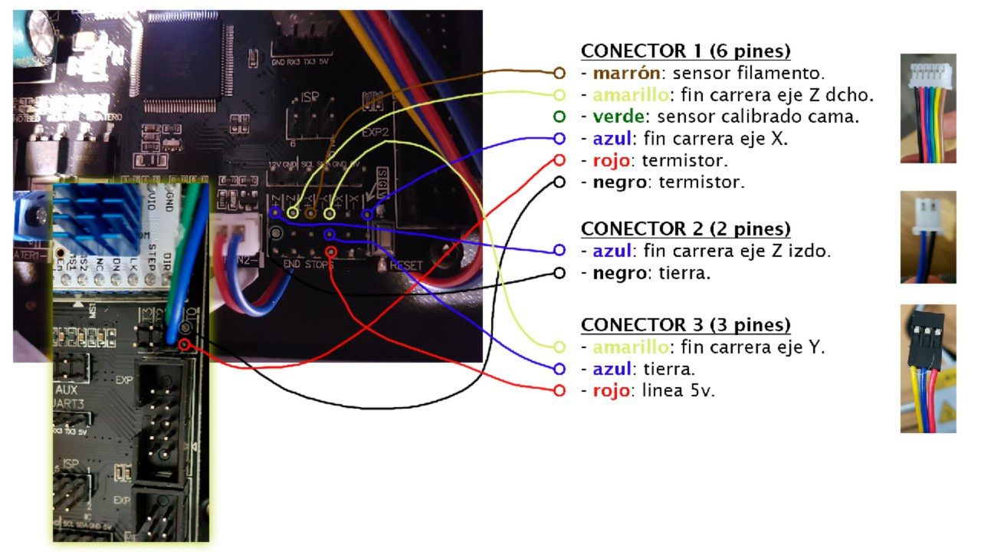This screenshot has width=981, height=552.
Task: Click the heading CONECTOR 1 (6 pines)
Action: (x=685, y=51)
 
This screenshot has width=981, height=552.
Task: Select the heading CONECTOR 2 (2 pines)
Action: (x=685, y=228)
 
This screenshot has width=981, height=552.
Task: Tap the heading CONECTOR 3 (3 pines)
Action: (x=685, y=324)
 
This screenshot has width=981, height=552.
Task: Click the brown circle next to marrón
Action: (x=559, y=74)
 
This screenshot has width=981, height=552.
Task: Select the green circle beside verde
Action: (x=559, y=117)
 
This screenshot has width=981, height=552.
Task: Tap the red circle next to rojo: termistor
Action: (x=559, y=161)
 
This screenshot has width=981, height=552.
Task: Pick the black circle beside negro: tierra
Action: (x=559, y=273)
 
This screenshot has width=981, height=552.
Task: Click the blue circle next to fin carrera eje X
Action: (x=559, y=139)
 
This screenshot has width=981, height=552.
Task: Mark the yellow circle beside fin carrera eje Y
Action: (x=559, y=347)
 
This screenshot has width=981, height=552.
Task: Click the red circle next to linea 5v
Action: (x=559, y=390)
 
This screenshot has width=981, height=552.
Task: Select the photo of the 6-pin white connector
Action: (x=928, y=108)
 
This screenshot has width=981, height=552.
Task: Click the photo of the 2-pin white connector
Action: (x=928, y=237)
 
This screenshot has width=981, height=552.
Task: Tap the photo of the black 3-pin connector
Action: (x=928, y=368)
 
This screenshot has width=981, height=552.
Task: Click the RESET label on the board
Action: (x=405, y=265)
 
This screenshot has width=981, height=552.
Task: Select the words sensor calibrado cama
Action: (x=758, y=117)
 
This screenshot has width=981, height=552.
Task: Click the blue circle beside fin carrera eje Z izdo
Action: (x=559, y=251)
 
